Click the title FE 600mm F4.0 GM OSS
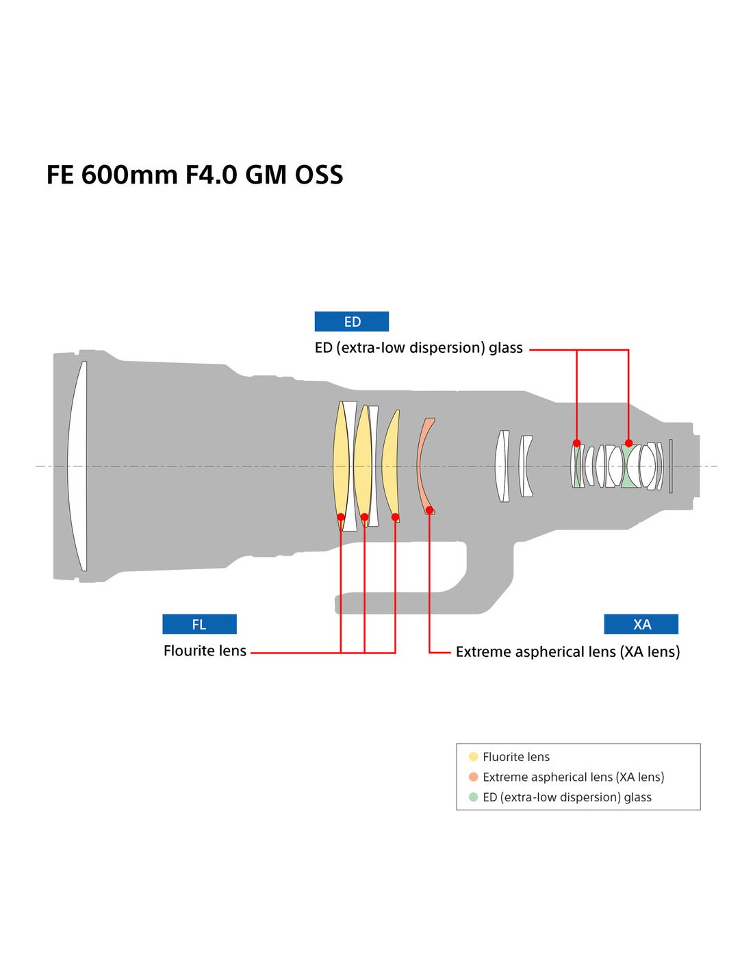tap(194, 175)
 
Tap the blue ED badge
tap(352, 321)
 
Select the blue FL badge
tap(199, 624)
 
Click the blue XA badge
tap(641, 624)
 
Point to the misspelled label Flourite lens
tap(205, 651)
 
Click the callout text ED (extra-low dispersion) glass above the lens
tap(418, 348)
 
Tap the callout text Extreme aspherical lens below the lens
tap(567, 651)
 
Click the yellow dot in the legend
tap(473, 757)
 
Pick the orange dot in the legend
tap(473, 777)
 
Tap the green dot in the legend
tap(473, 797)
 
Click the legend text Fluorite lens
tap(516, 757)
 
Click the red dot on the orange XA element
tap(429, 510)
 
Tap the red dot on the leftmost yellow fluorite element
tap(341, 517)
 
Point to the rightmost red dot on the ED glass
tap(628, 443)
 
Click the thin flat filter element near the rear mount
tap(671, 466)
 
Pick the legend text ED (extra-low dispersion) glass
tap(567, 797)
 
